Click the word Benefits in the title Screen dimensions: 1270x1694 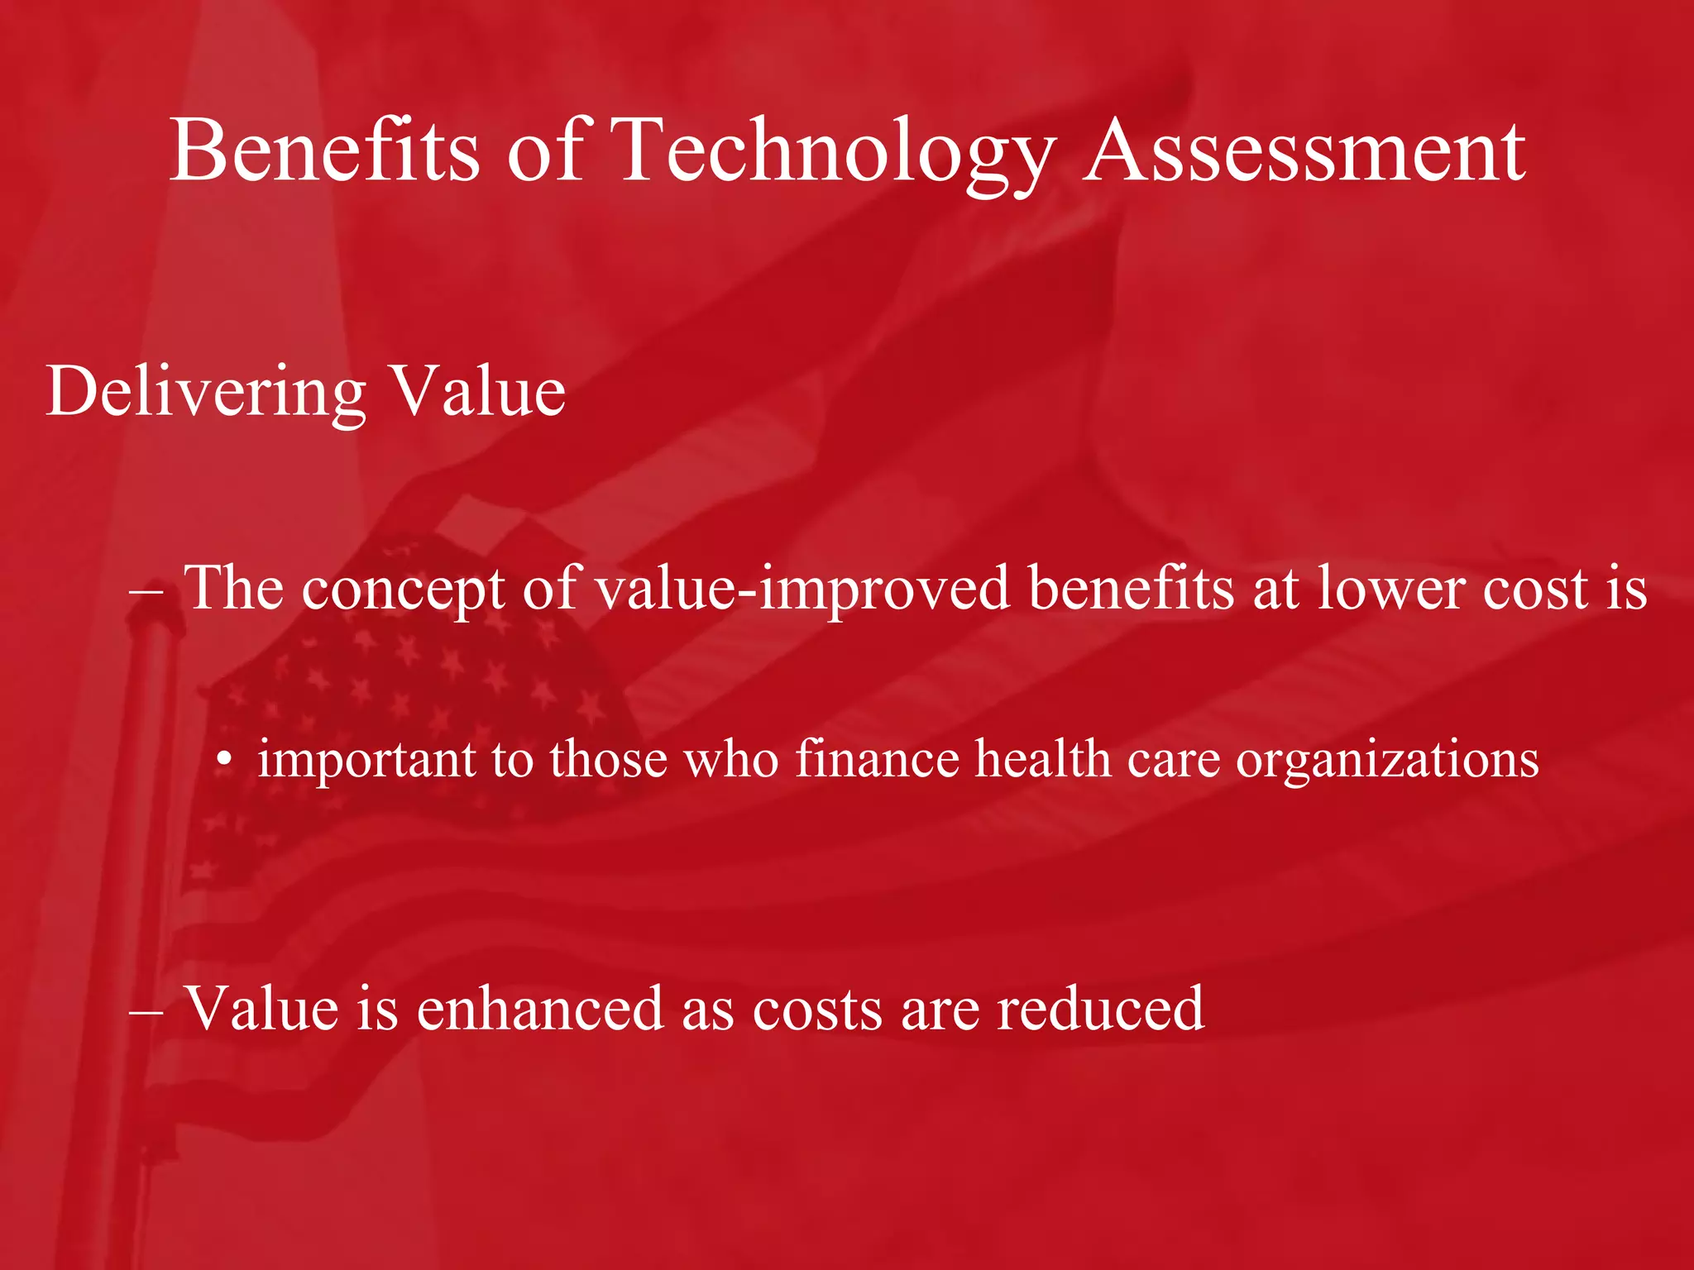coord(324,150)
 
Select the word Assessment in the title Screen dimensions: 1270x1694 coord(1304,150)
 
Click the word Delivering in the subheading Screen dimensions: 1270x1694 coord(206,391)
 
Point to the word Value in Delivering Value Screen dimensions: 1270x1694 coord(477,391)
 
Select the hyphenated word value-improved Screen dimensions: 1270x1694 coord(802,589)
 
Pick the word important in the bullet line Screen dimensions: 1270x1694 coord(366,759)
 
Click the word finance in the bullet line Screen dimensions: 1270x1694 coord(876,759)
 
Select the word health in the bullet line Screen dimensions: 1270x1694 coord(1042,759)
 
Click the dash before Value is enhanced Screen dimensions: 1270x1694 coord(148,1010)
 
